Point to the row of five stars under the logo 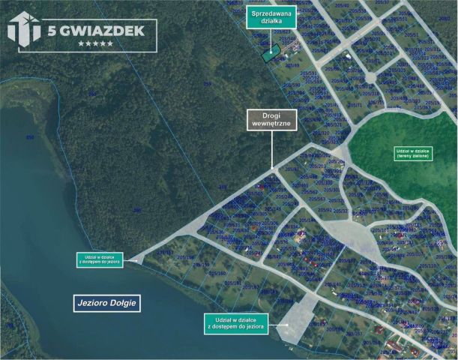(x=95, y=43)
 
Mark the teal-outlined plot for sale (x=271, y=53)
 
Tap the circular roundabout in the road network (x=370, y=77)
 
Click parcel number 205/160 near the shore (x=217, y=273)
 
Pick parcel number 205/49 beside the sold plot (x=292, y=65)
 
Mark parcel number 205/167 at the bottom (x=353, y=332)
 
